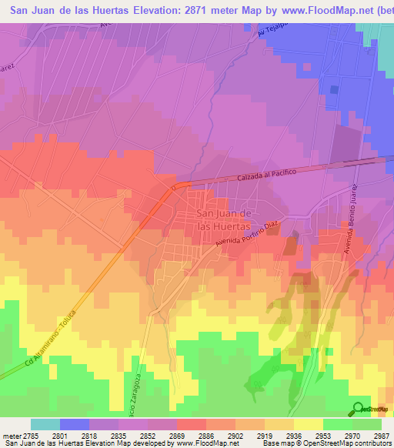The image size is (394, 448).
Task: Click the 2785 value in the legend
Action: pos(32,435)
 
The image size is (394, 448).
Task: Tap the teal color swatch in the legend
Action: pos(45,424)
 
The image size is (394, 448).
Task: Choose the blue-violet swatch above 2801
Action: pos(75,424)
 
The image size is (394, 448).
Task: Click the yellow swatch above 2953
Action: pos(308,424)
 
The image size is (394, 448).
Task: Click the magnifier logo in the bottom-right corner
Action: pos(357,409)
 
